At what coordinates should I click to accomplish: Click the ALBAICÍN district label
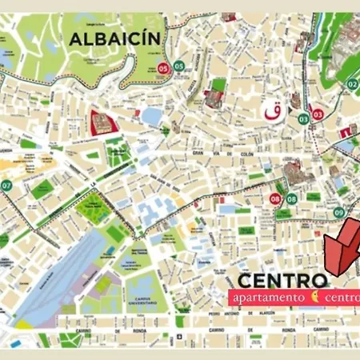(x=115, y=38)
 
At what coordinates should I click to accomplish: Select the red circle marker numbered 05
(x=163, y=66)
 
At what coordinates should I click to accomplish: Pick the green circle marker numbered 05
(x=179, y=66)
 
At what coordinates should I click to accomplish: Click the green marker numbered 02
(x=351, y=84)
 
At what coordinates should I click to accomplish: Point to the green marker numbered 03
(x=304, y=118)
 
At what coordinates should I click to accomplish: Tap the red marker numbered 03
(x=318, y=114)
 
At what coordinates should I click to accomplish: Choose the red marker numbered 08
(x=276, y=198)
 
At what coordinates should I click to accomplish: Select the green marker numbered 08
(x=292, y=198)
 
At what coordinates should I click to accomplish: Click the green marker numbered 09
(x=339, y=212)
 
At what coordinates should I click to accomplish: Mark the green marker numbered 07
(x=6, y=186)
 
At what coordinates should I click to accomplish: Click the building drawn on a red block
(x=103, y=122)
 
